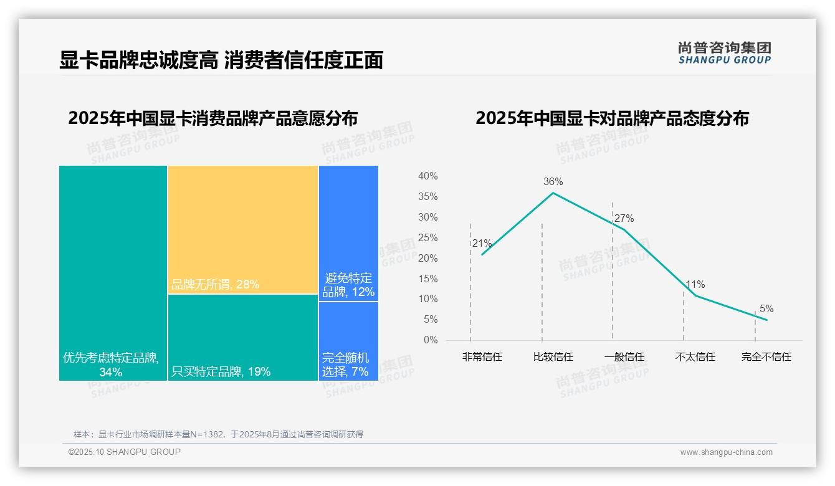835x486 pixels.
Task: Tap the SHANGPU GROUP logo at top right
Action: coord(724,53)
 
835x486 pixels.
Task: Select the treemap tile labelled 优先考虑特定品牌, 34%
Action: coord(113,273)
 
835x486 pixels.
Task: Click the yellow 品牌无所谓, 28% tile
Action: coord(242,229)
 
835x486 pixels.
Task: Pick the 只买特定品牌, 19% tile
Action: coord(242,337)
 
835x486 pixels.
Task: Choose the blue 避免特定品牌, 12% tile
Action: coord(348,233)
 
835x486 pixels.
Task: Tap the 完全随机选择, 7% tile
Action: coord(348,341)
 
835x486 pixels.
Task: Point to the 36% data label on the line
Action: coord(553,182)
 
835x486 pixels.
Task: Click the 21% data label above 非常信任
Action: coord(482,244)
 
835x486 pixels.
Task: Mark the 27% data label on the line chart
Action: coord(624,219)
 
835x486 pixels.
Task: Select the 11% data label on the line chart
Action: coord(695,285)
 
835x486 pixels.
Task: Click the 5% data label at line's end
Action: coord(766,309)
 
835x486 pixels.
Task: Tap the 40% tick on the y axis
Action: coord(427,176)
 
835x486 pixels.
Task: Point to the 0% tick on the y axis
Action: coord(430,340)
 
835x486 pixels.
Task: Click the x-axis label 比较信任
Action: coord(553,357)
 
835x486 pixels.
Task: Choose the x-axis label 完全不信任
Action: coord(766,357)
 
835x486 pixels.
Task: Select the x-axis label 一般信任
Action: coord(624,357)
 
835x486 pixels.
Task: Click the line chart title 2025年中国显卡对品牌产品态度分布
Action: coord(612,118)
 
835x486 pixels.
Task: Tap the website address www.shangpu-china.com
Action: coord(726,452)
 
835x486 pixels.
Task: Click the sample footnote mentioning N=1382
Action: coord(218,434)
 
